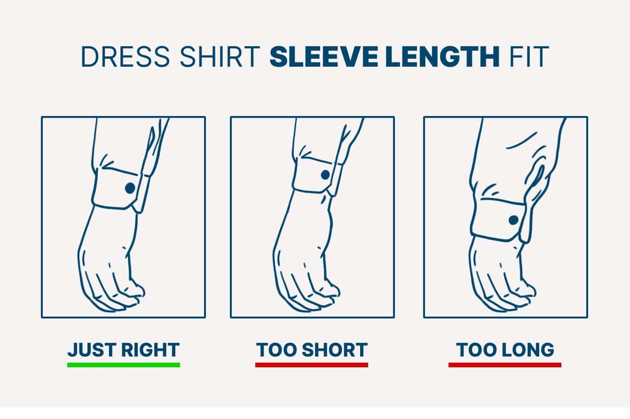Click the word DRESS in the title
click(x=126, y=57)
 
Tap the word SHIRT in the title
click(x=220, y=57)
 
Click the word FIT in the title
click(x=529, y=57)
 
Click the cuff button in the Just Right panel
click(x=130, y=188)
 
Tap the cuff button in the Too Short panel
click(x=325, y=175)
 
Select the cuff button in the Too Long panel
click(x=513, y=220)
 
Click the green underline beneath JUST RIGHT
click(x=124, y=365)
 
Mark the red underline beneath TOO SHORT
click(x=312, y=365)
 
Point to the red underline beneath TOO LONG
click(x=505, y=365)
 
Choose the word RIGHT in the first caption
click(x=150, y=349)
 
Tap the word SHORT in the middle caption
click(x=335, y=349)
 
